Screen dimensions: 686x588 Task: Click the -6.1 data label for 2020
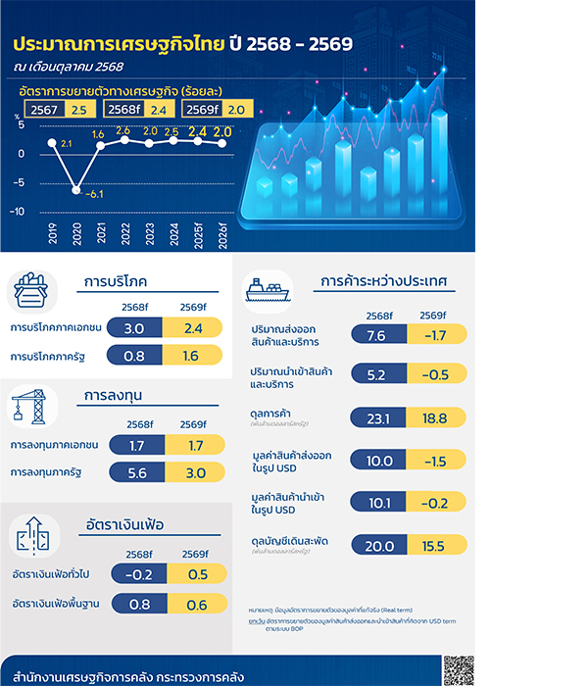coord(95,195)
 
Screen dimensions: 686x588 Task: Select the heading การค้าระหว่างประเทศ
coord(384,282)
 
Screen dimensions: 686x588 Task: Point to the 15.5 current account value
coord(433,546)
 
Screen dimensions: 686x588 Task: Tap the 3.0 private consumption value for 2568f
coord(135,327)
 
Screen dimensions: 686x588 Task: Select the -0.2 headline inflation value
coord(139,573)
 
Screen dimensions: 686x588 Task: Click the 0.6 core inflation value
coord(196,604)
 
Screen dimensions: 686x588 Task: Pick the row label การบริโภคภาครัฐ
coord(49,357)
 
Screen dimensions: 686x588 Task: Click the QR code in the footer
coord(457,671)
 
